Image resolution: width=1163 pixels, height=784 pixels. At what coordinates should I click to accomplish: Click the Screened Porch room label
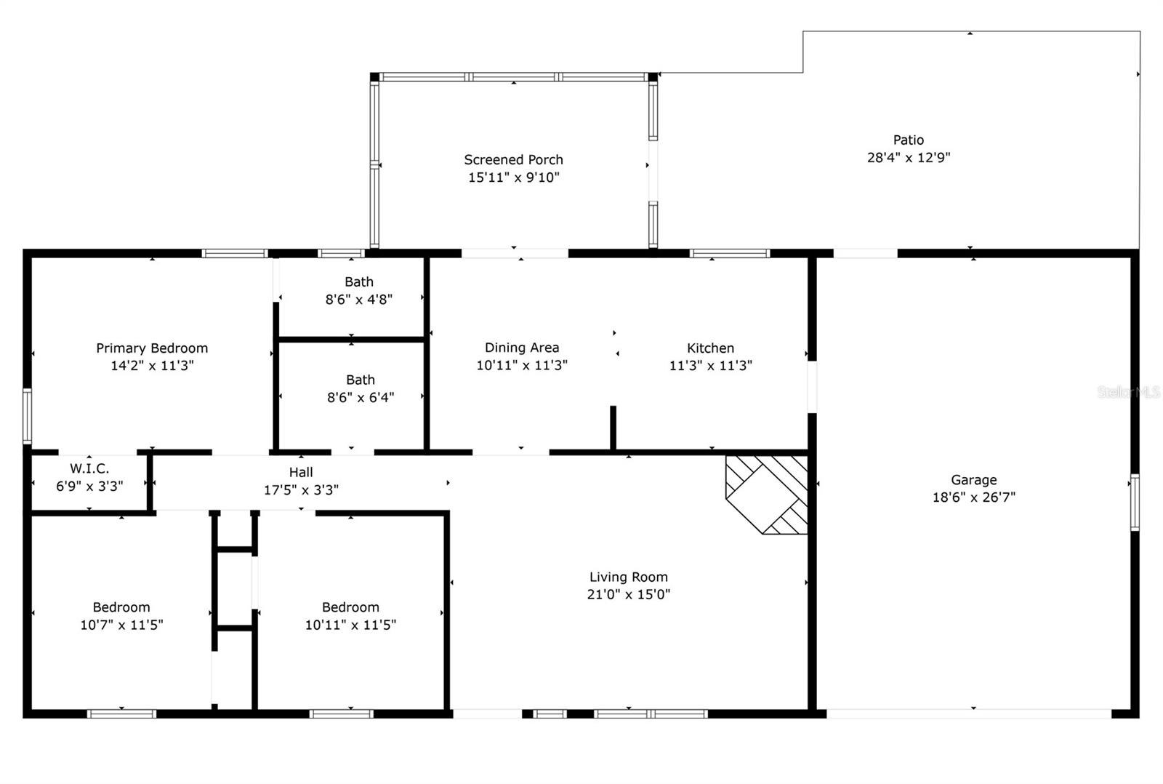(x=513, y=159)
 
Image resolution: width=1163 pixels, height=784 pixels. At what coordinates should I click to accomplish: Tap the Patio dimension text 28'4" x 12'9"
(x=909, y=157)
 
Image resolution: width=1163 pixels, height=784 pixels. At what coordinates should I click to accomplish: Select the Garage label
(x=973, y=479)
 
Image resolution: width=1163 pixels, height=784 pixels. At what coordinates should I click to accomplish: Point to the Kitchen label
(x=710, y=348)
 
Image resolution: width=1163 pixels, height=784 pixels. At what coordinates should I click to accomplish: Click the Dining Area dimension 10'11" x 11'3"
(x=522, y=365)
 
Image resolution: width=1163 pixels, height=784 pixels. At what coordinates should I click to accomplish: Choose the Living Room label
(x=628, y=577)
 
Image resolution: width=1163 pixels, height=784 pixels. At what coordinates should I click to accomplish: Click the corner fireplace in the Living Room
(x=767, y=495)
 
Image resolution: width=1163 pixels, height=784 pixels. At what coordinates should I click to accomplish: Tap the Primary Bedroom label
(x=152, y=348)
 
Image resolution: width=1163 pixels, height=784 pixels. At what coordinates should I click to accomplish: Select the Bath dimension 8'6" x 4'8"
(x=359, y=299)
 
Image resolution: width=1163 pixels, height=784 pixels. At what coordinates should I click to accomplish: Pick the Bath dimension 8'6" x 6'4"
(x=361, y=398)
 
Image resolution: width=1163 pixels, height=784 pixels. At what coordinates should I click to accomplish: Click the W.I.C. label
(x=89, y=468)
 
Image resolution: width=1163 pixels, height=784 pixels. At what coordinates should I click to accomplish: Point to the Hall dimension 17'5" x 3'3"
(x=301, y=490)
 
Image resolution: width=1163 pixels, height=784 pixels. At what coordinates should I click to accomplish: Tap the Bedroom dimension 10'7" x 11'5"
(x=121, y=625)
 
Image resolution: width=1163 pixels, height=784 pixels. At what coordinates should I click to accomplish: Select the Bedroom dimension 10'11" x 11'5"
(x=350, y=625)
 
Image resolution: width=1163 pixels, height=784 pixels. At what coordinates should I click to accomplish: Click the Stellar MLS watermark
(x=1129, y=392)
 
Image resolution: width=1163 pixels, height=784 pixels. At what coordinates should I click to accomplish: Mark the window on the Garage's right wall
(x=1135, y=503)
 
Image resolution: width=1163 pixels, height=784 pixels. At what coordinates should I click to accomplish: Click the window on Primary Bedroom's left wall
(x=27, y=416)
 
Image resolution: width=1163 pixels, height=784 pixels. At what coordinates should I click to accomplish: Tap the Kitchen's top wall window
(x=730, y=254)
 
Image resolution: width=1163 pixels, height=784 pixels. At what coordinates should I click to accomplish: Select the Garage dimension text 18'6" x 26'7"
(x=973, y=497)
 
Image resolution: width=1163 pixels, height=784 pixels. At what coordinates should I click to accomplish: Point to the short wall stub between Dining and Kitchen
(x=613, y=428)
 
